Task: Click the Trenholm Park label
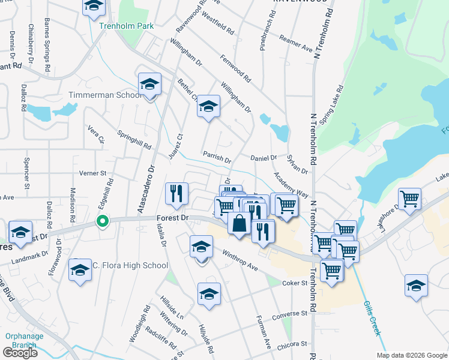(x=127, y=26)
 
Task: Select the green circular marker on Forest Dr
(x=103, y=221)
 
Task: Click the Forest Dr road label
(x=172, y=218)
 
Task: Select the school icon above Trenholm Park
(x=93, y=7)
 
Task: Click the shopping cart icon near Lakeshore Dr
(x=409, y=198)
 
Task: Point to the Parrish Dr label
(x=217, y=158)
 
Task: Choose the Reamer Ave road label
(x=296, y=43)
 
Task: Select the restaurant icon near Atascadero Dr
(x=176, y=193)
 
